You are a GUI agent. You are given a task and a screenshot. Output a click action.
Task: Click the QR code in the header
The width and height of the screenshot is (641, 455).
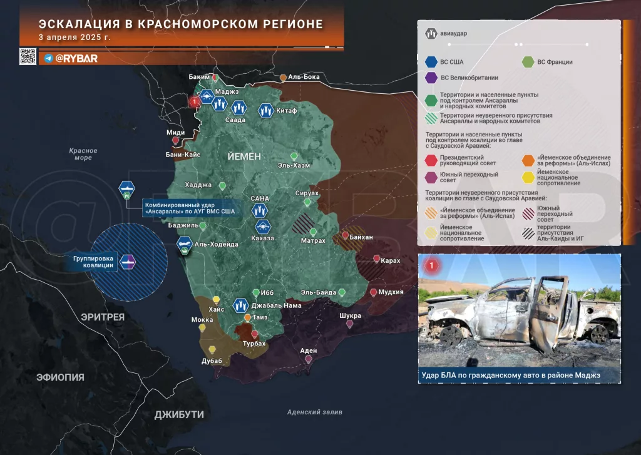point(28,57)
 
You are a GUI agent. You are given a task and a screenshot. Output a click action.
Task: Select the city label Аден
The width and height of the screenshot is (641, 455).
point(309,351)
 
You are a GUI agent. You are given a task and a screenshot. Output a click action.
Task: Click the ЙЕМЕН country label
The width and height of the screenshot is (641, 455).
point(245,156)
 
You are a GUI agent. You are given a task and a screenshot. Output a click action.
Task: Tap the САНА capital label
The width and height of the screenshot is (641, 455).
point(259,198)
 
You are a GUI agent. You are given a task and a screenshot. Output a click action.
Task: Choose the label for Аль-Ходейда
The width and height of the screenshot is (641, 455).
point(217,245)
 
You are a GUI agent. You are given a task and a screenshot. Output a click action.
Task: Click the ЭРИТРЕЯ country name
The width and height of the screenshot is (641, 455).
point(103,317)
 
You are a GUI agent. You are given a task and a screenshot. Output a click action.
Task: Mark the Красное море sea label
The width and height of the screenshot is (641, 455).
point(83,154)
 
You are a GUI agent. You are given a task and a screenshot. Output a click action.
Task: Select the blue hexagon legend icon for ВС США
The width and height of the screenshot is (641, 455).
point(431,62)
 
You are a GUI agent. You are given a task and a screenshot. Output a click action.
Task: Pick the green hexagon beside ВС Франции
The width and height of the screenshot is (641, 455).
point(527,62)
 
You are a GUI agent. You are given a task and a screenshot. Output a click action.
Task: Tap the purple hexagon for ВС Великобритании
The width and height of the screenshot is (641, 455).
point(431,78)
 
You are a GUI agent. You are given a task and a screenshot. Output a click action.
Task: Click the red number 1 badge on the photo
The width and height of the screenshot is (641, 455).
point(431,266)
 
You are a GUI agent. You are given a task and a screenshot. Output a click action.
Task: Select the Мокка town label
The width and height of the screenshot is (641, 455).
point(202,320)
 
